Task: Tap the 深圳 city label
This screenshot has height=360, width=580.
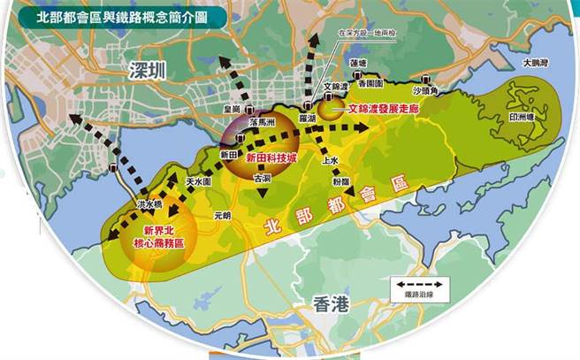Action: (146, 72)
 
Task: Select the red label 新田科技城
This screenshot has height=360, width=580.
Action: (271, 157)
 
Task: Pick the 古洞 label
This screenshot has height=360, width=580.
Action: (263, 178)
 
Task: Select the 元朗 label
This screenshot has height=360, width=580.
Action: (221, 215)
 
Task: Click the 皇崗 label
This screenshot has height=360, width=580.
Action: (232, 111)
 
